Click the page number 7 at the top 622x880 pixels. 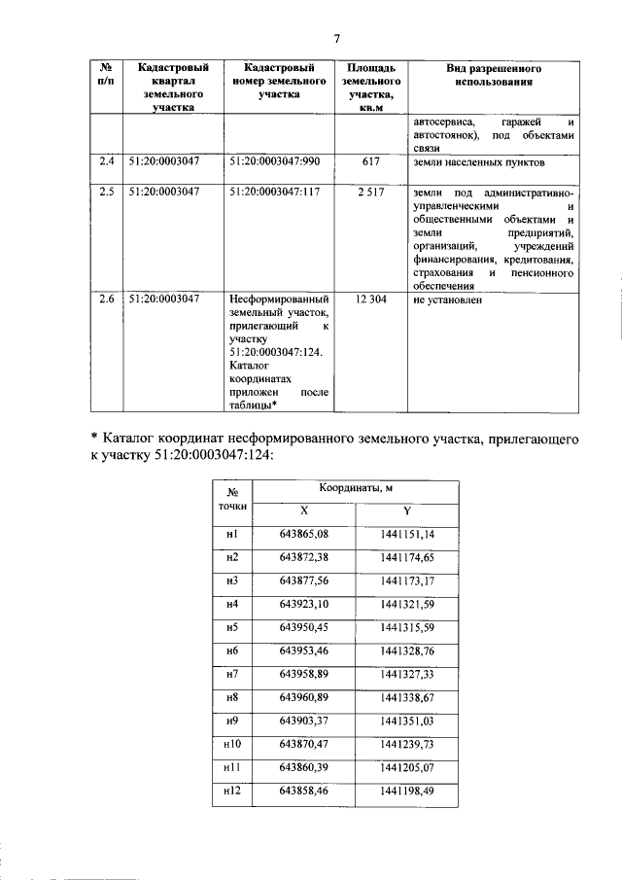(x=337, y=38)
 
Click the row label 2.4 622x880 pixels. (x=106, y=163)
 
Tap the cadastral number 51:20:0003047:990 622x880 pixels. (x=277, y=163)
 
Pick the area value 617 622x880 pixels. (x=369, y=163)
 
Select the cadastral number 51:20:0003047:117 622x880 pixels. (x=277, y=193)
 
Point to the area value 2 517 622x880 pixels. (x=369, y=193)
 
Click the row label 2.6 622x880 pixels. (x=106, y=299)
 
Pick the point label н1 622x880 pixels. (x=231, y=535)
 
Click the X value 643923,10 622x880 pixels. (x=305, y=604)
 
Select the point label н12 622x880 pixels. (x=231, y=792)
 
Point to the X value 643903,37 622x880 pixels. (x=305, y=721)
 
